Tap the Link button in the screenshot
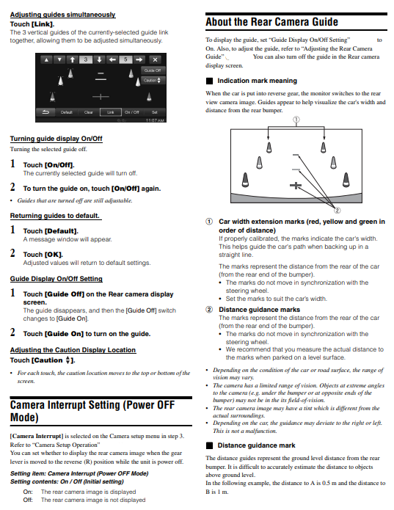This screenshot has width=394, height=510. [x=110, y=112]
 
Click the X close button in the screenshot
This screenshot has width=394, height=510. [x=155, y=60]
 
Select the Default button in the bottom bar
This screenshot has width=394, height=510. [x=66, y=112]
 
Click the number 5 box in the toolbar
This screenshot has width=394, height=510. [x=125, y=60]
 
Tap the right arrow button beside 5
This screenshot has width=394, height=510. [x=139, y=60]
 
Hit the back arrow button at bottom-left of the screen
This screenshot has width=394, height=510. [x=45, y=112]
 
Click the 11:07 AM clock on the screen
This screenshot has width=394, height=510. [x=155, y=120]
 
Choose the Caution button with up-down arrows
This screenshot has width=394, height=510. [x=153, y=80]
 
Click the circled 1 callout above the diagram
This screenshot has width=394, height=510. [x=296, y=120]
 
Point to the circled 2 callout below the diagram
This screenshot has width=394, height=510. [x=338, y=211]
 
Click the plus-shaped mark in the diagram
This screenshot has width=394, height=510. [x=296, y=186]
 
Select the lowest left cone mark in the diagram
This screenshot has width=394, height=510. [x=246, y=180]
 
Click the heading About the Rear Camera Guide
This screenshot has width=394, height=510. [x=271, y=22]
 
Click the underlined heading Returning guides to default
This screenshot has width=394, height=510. [x=55, y=216]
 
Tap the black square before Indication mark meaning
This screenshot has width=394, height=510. [x=209, y=81]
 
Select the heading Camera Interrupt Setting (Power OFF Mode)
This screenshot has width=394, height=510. [x=92, y=411]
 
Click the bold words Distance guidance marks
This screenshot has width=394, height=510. [x=260, y=310]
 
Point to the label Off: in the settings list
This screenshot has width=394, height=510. [x=28, y=500]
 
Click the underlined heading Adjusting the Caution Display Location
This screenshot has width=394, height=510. [x=73, y=350]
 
